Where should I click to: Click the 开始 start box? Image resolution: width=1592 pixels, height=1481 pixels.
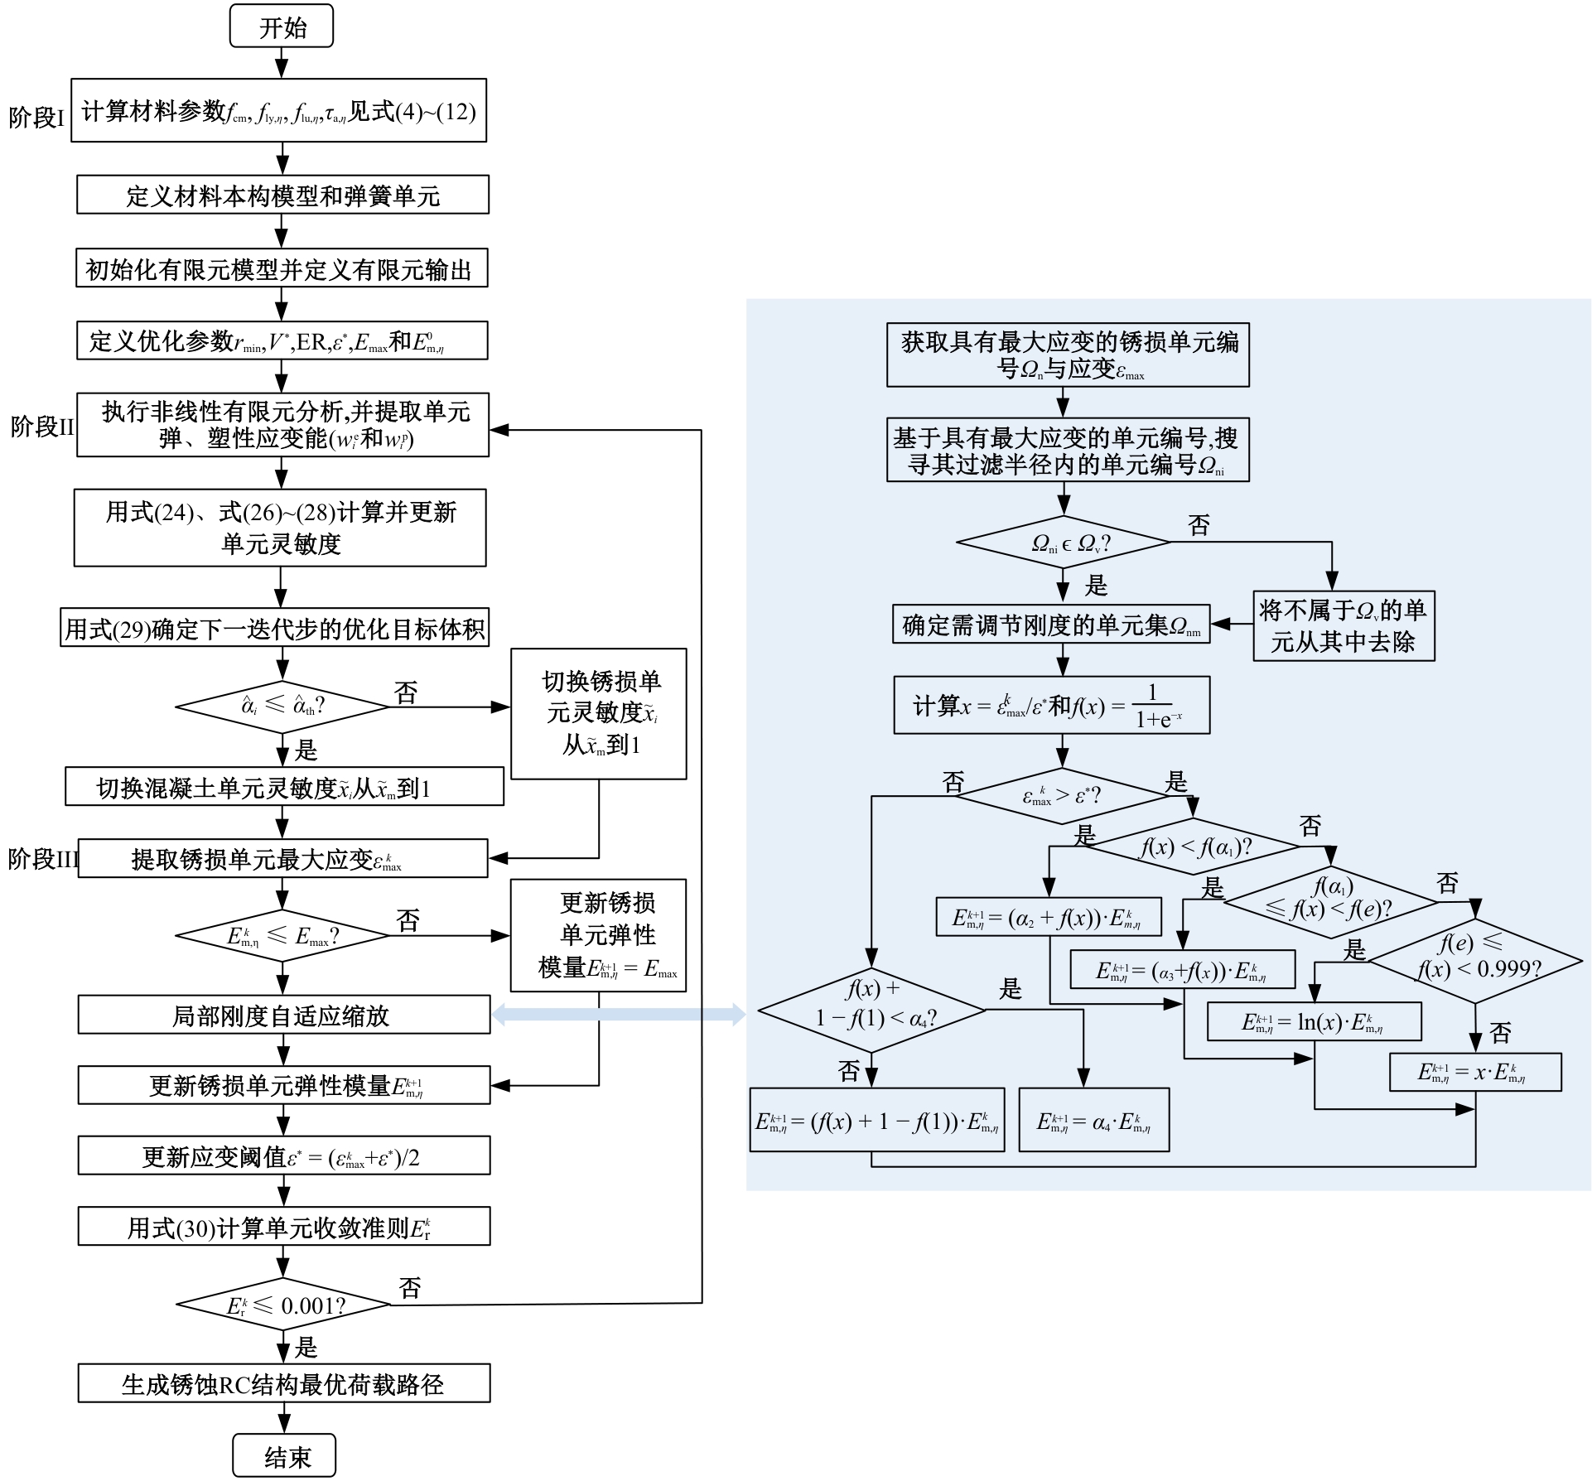(282, 27)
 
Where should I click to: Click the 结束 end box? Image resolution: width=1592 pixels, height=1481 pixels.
(284, 1456)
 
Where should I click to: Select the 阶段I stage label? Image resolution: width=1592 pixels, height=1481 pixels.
(36, 118)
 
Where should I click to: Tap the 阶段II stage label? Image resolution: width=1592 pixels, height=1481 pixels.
(42, 427)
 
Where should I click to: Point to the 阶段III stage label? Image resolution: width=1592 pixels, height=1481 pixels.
(42, 859)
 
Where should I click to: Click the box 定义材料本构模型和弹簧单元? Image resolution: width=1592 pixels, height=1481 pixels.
(282, 195)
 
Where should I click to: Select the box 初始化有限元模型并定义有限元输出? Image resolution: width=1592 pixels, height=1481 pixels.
(282, 268)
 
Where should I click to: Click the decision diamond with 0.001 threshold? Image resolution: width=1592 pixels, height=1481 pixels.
(283, 1305)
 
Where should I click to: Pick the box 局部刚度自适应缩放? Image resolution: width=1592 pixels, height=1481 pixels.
(283, 1015)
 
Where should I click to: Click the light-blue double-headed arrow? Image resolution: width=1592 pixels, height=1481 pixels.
(619, 1014)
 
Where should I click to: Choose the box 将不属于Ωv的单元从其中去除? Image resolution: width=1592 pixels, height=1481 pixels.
(1343, 625)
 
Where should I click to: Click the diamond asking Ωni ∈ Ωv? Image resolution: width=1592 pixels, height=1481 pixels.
(1063, 543)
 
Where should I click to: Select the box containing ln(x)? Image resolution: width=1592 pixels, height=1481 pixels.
(1314, 1022)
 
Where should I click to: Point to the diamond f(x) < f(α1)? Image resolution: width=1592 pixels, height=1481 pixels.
(1194, 847)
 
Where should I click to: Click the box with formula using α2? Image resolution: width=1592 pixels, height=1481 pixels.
(1048, 917)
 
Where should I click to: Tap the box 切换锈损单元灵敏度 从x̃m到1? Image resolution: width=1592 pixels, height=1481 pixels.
(598, 714)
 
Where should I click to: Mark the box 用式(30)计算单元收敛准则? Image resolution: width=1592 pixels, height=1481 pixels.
(283, 1227)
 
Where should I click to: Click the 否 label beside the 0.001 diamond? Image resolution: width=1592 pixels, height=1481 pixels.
(410, 1287)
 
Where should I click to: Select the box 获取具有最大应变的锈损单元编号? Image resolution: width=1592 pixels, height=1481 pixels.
(1067, 355)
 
